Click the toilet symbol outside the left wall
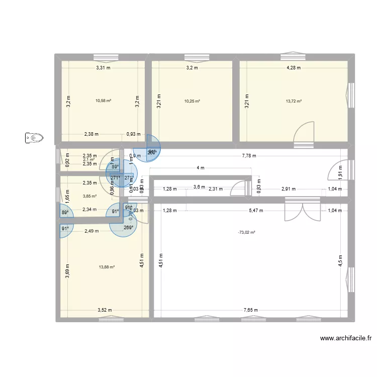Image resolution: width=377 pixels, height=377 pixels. click(34, 137)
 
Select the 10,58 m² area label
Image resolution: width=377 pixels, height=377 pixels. click(103, 101)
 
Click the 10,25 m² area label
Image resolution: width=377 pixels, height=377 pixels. click(192, 101)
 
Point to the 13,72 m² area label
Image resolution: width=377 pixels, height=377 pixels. click(294, 101)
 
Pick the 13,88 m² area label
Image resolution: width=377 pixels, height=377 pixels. click(107, 267)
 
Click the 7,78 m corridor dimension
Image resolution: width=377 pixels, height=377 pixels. click(248, 156)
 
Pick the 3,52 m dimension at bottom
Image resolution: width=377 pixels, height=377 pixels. click(105, 311)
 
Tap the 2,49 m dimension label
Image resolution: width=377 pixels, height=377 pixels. click(92, 231)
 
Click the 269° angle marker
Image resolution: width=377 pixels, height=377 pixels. click(129, 227)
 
